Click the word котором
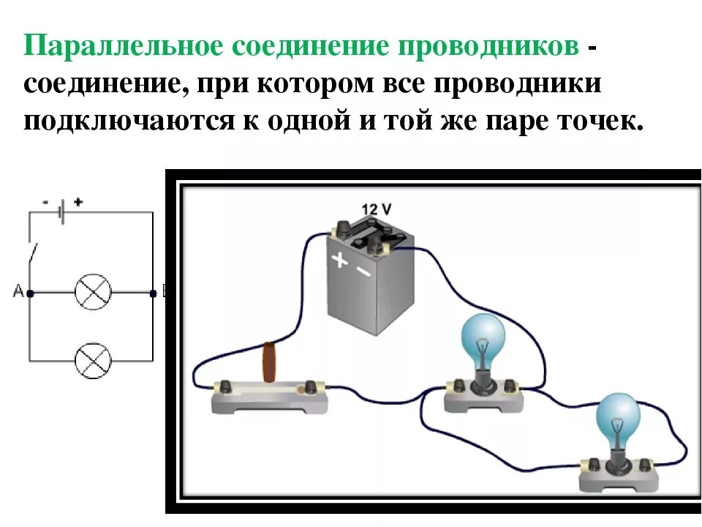click(x=312, y=83)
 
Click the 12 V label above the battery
click(x=377, y=210)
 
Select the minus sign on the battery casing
click(x=364, y=272)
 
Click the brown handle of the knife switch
click(x=271, y=362)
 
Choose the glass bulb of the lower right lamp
click(x=618, y=418)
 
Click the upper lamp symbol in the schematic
click(x=93, y=293)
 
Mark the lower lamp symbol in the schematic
click(x=93, y=360)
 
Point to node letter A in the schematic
click(x=17, y=293)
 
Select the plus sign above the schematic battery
click(x=78, y=201)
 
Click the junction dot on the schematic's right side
click(x=153, y=293)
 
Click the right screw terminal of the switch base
click(x=313, y=385)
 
